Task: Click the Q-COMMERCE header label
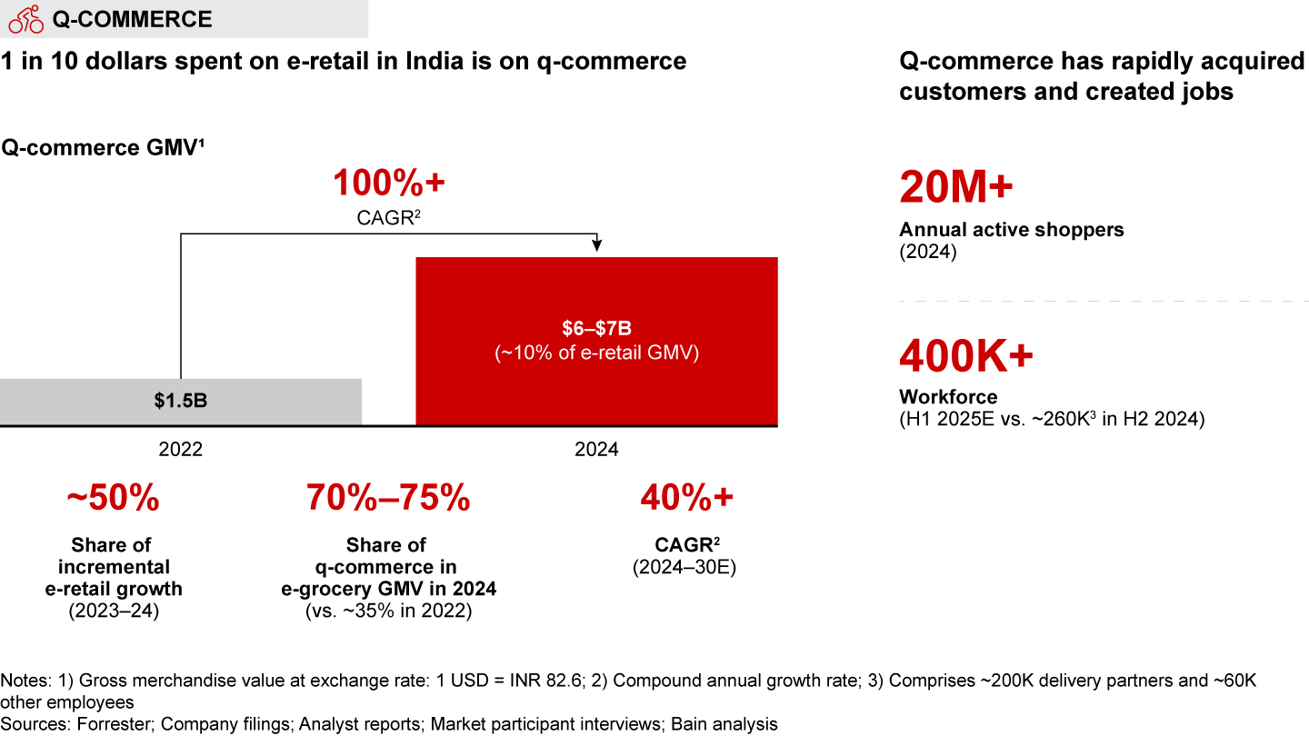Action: point(132,19)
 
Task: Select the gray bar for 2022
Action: point(181,402)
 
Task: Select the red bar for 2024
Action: point(596,342)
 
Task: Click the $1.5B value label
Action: point(181,401)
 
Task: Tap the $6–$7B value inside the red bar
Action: point(596,328)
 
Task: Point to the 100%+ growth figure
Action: point(389,184)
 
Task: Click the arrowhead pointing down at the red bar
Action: point(596,244)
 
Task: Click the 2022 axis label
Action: point(181,450)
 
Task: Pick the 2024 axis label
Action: point(596,450)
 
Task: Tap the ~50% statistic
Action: point(113,498)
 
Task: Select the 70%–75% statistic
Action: point(388,498)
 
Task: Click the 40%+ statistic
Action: point(686,498)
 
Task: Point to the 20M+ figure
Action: point(955,188)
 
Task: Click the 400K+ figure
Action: point(965,356)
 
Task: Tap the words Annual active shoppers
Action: point(1011,230)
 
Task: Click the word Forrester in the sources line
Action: point(102,724)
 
